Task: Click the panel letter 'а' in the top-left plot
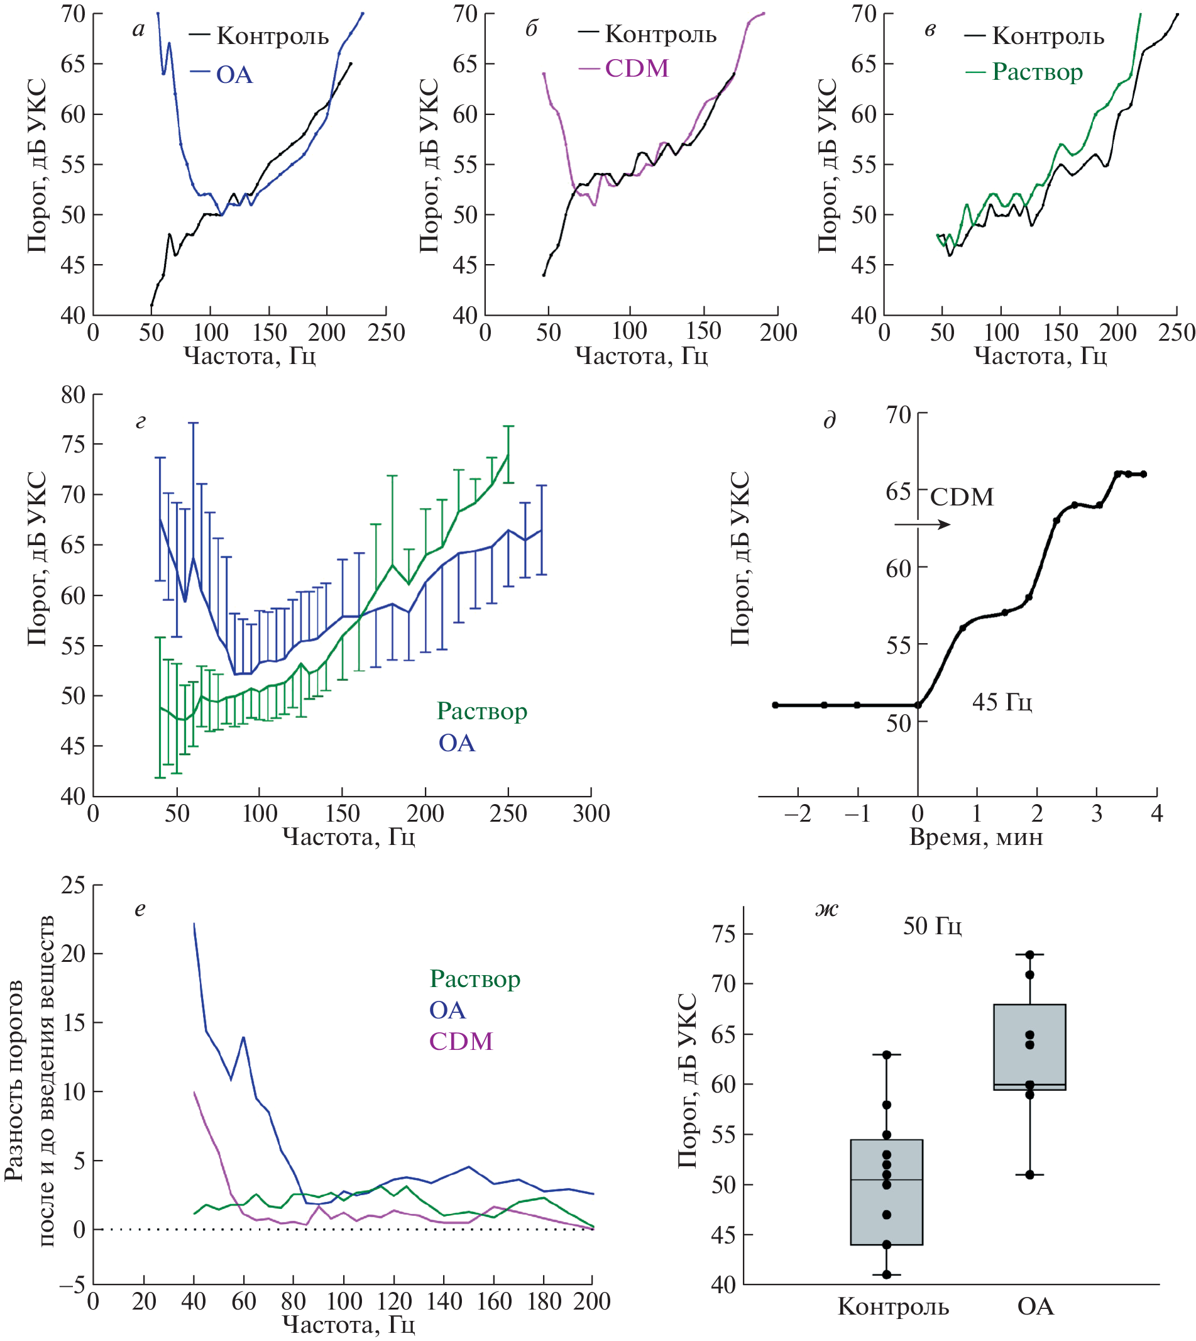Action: (x=138, y=30)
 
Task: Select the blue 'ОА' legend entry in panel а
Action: (x=234, y=75)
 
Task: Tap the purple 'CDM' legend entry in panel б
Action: (x=636, y=69)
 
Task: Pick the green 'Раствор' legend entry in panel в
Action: (x=1037, y=72)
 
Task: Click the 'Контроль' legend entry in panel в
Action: (x=1048, y=36)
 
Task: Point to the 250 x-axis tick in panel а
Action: (x=387, y=333)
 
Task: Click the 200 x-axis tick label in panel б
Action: (x=778, y=333)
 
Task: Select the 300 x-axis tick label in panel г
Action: (x=591, y=814)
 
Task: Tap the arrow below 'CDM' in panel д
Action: (x=922, y=524)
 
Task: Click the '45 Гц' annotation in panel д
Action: (x=1002, y=702)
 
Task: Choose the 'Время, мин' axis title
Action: (x=976, y=837)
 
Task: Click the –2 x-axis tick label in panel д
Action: (x=798, y=814)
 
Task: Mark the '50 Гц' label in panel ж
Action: (x=932, y=926)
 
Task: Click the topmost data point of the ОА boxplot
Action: (x=1029, y=954)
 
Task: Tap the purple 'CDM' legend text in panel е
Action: (x=461, y=1041)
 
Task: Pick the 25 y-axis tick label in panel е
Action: (x=74, y=885)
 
